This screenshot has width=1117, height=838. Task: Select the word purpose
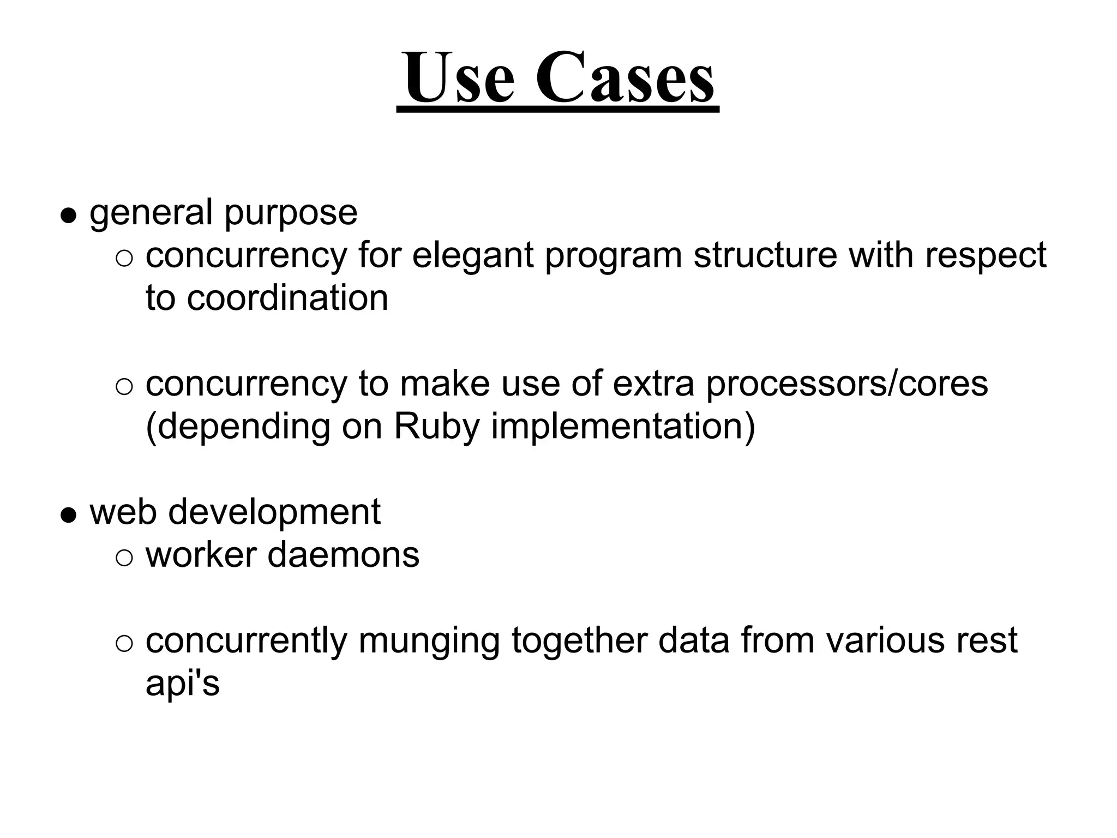[291, 213]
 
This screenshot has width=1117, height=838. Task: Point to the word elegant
[472, 256]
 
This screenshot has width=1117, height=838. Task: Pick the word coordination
[287, 298]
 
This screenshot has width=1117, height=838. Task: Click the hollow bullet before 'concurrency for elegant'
[124, 258]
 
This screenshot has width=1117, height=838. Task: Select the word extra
[653, 384]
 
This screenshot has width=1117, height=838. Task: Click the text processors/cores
[846, 384]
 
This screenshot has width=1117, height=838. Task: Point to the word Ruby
[436, 427]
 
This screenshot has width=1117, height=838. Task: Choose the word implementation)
[623, 427]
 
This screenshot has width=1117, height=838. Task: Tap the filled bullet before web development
[68, 516]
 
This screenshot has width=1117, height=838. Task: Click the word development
[274, 513]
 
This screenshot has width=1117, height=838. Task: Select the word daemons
[344, 555]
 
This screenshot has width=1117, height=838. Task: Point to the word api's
[182, 683]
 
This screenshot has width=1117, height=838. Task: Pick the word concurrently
[246, 641]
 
